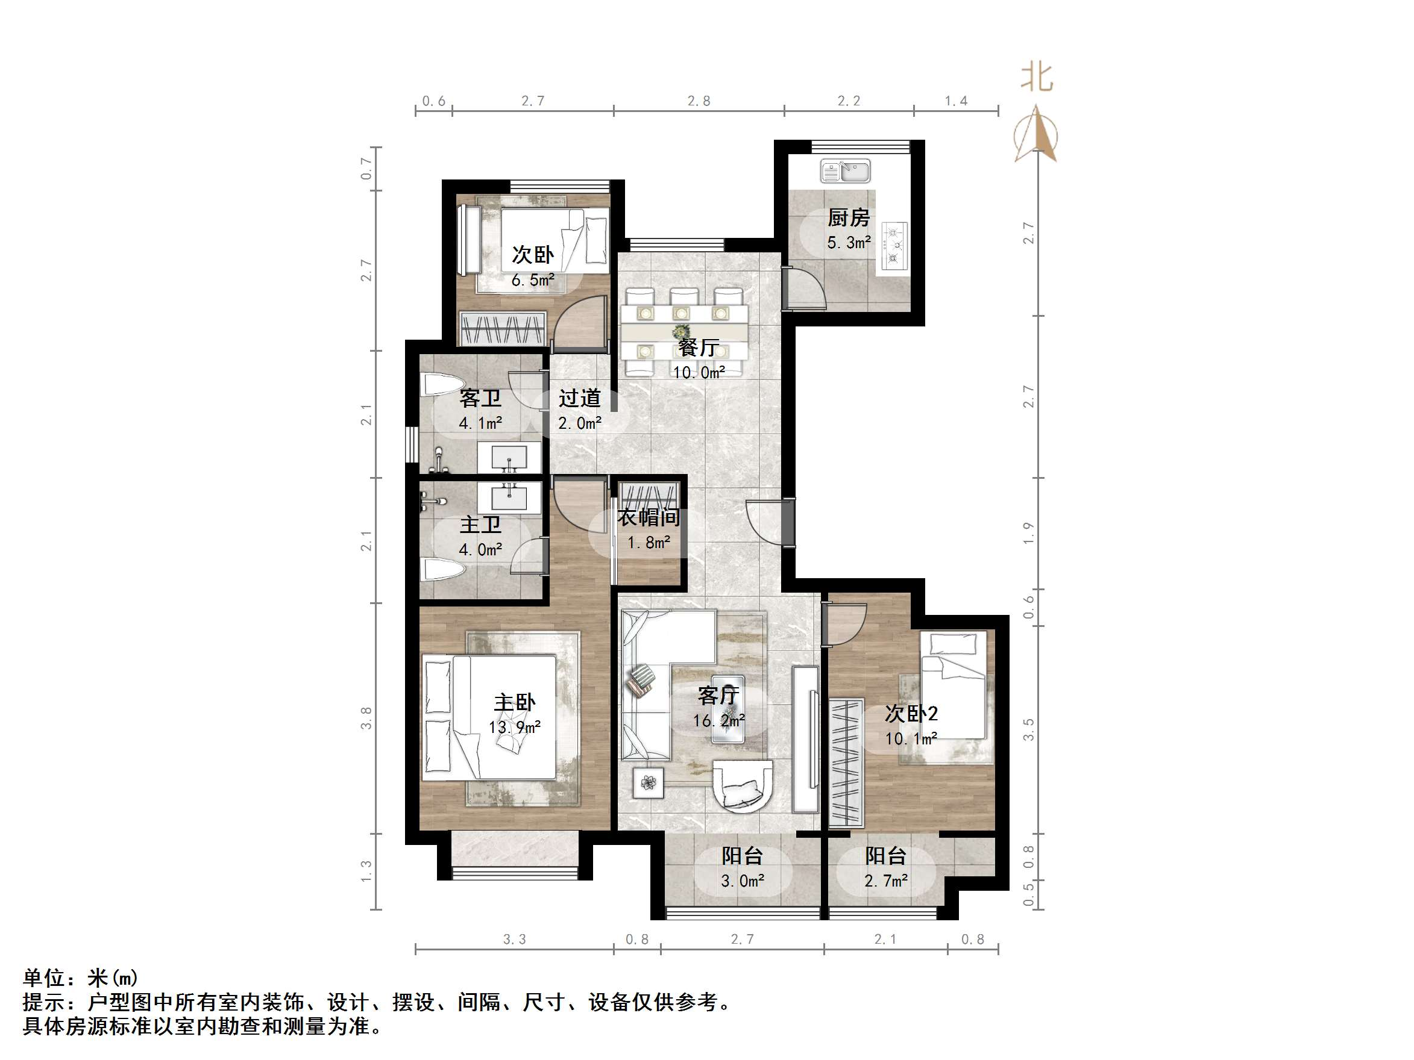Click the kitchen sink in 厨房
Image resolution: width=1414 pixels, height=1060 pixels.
(845, 171)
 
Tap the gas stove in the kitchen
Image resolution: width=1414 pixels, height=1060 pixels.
(895, 245)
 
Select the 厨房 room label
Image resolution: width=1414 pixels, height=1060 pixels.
(848, 218)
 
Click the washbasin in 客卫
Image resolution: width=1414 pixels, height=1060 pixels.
(509, 458)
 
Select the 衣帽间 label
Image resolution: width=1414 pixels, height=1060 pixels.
(648, 517)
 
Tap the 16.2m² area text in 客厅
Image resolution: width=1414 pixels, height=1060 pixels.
(719, 721)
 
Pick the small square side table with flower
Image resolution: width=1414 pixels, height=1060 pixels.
(648, 783)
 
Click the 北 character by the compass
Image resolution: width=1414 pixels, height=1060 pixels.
(1036, 77)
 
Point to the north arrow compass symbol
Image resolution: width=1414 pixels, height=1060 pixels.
(1035, 136)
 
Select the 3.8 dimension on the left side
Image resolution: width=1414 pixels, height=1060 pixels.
(366, 717)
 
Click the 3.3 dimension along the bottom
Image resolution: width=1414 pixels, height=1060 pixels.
(514, 939)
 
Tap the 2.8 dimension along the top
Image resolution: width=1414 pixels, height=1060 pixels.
(699, 101)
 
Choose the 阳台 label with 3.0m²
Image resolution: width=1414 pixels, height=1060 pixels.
(741, 856)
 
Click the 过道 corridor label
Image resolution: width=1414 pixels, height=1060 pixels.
(579, 398)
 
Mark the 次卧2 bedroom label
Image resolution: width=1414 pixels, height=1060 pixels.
(911, 714)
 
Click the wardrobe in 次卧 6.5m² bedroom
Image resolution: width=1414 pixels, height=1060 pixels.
(503, 329)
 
